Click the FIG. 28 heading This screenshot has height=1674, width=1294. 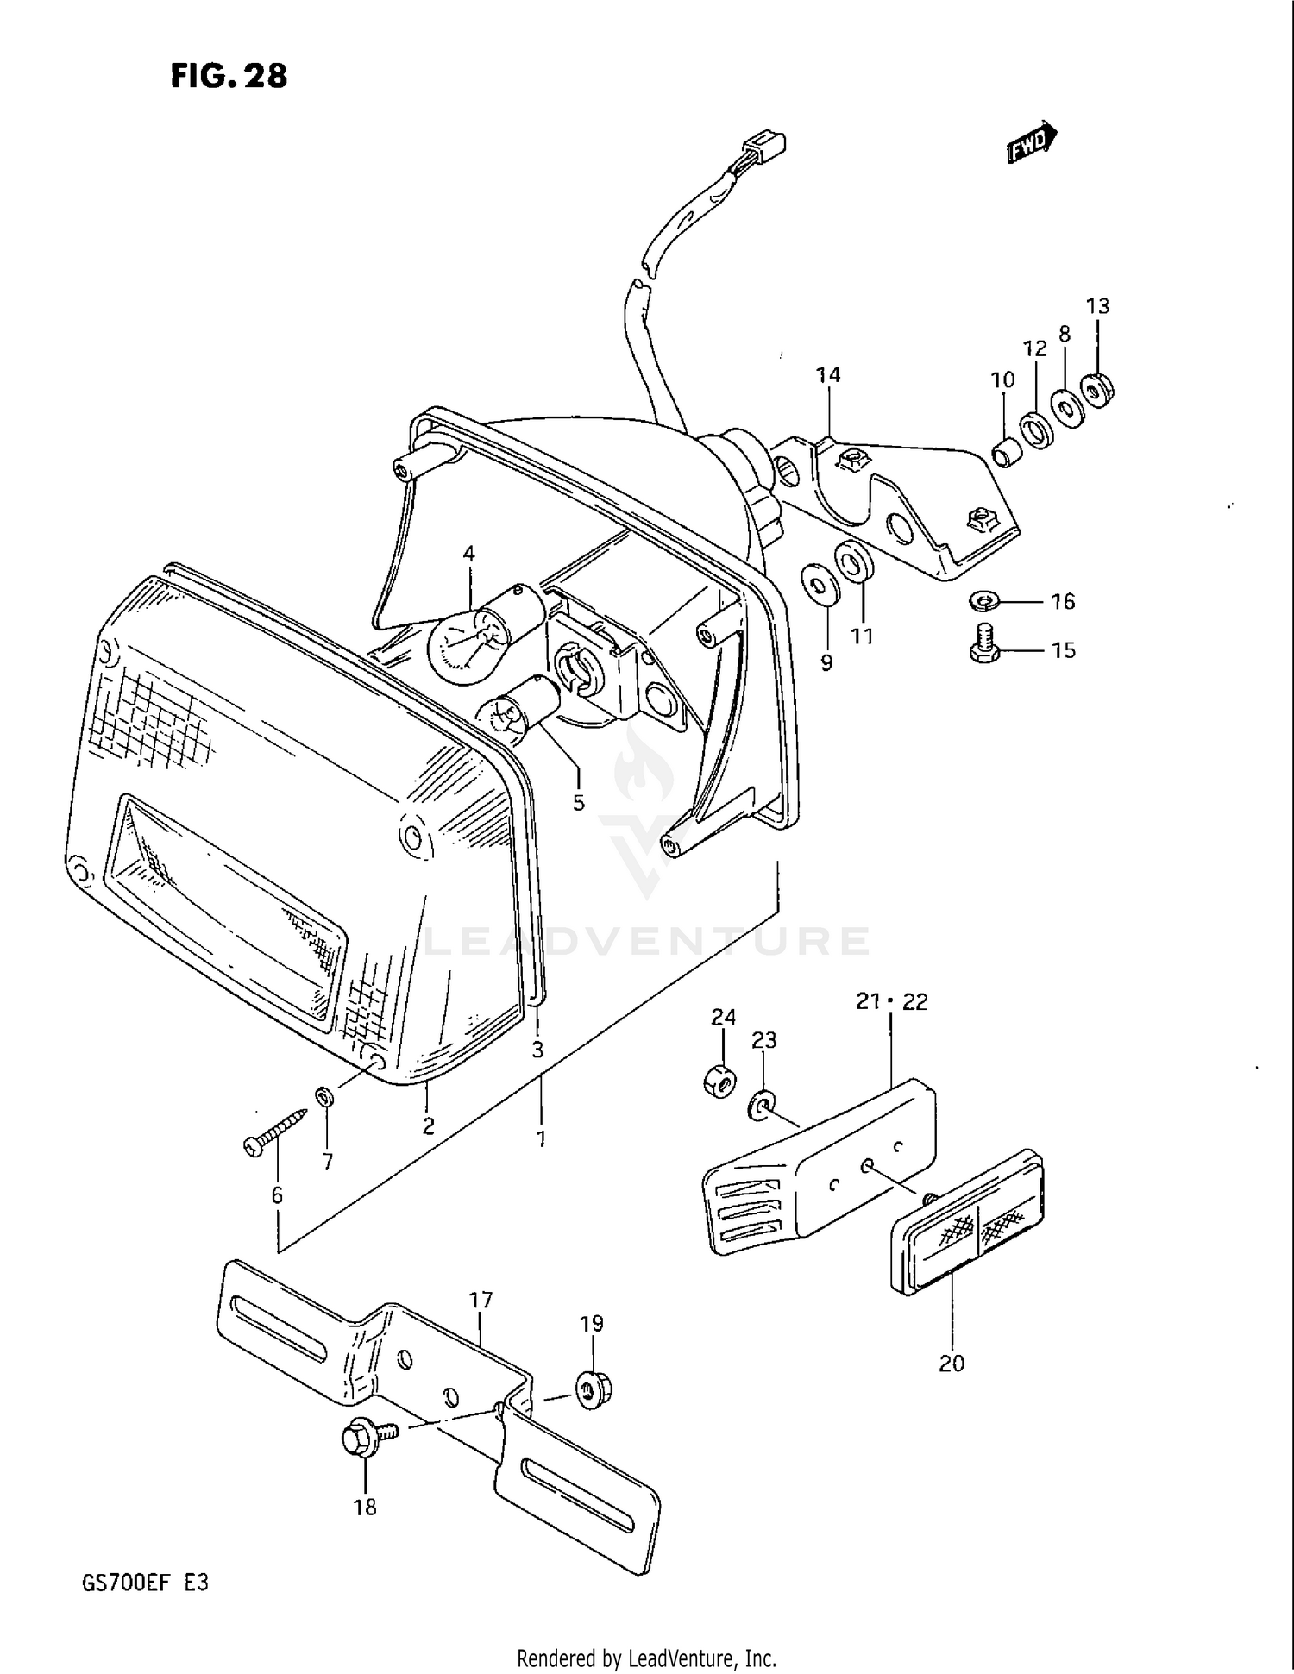(229, 76)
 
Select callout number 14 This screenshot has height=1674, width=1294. (828, 374)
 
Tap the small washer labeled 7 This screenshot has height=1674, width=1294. (325, 1098)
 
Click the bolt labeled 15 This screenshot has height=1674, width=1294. (984, 645)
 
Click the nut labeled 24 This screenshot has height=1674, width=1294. (719, 1079)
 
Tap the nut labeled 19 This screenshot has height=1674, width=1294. (590, 1390)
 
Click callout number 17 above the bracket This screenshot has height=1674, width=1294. (481, 1299)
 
